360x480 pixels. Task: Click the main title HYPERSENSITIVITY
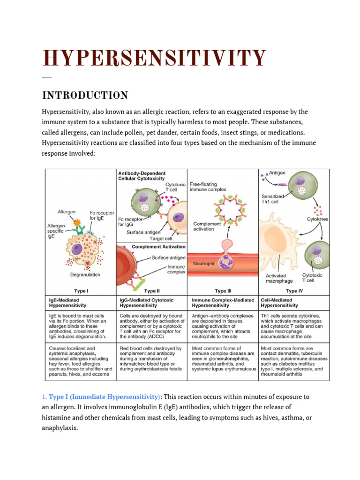(155, 58)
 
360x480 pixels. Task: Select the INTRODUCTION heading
(85, 96)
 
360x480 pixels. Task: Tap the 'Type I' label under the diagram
(81, 291)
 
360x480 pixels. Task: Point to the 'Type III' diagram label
(223, 291)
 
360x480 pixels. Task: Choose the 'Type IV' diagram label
(294, 291)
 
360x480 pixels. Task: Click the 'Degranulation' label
(85, 275)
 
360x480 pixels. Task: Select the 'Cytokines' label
(317, 219)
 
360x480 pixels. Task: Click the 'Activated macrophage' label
(279, 278)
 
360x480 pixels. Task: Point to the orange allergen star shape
(77, 222)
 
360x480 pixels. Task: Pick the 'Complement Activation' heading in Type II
(158, 247)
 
